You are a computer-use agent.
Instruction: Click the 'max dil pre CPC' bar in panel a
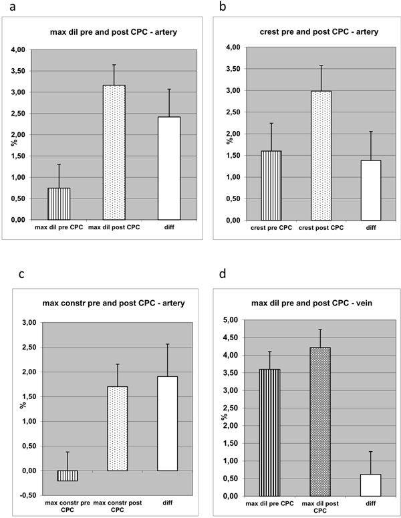click(59, 204)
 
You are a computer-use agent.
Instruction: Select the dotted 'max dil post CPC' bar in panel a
click(114, 152)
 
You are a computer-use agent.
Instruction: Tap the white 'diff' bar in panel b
click(371, 190)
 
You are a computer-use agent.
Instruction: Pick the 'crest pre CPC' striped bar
click(271, 186)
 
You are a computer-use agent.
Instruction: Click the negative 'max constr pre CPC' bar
click(68, 476)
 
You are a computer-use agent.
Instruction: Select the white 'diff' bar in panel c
click(168, 424)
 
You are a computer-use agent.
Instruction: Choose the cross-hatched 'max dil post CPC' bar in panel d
click(320, 422)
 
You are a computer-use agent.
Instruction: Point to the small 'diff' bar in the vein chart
click(371, 485)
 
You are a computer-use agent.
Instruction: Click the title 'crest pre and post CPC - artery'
click(319, 32)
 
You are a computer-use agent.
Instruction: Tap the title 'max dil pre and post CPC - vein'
click(312, 303)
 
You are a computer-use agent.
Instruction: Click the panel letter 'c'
click(22, 274)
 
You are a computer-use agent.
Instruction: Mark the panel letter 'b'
click(223, 5)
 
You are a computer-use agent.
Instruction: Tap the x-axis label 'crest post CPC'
click(321, 228)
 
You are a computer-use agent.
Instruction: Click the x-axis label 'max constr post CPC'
click(117, 506)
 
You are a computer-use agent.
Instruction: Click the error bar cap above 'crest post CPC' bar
click(321, 66)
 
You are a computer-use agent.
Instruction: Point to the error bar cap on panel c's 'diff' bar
click(168, 344)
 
